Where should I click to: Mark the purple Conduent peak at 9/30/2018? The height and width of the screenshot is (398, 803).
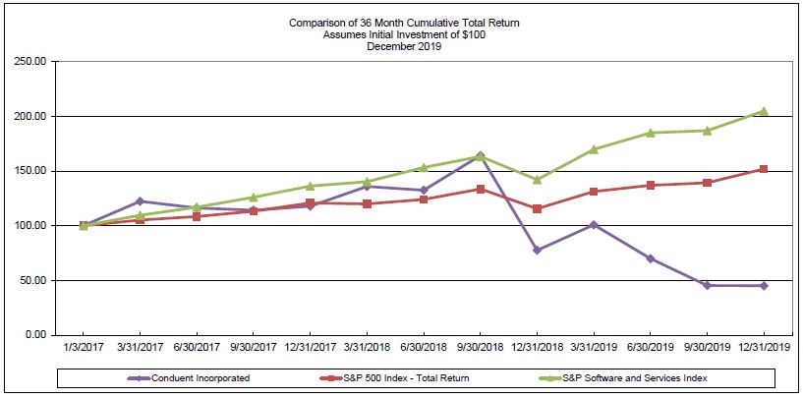480,155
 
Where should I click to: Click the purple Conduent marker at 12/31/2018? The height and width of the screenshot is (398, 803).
537,251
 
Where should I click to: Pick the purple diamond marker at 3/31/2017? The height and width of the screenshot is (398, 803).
140,201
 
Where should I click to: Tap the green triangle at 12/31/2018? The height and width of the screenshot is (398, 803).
537,180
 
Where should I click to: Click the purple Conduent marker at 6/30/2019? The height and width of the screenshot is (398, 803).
650,258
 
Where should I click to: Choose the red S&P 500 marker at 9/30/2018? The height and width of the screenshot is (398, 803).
480,189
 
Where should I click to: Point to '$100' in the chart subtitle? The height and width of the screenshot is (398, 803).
473,34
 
